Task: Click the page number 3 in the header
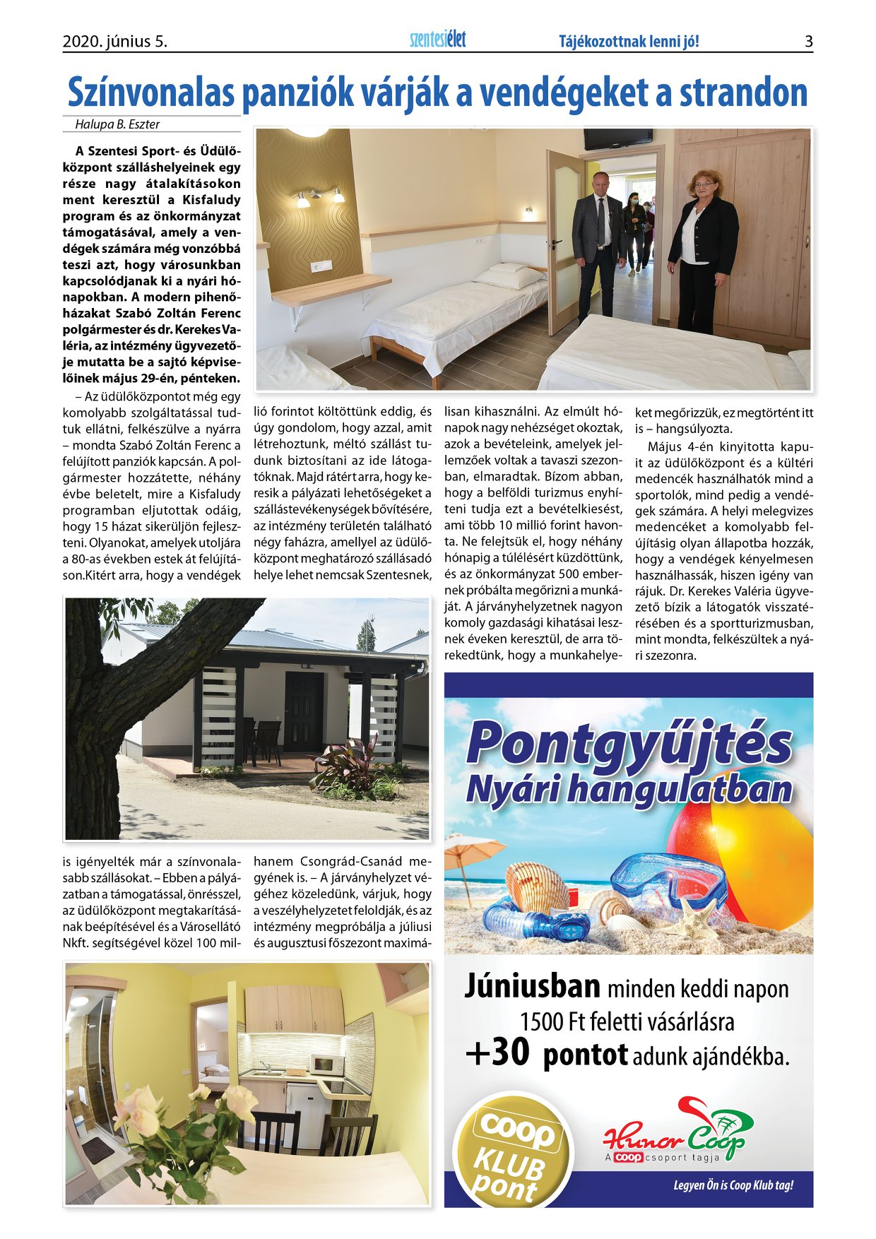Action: (x=808, y=42)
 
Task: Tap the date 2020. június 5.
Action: (x=115, y=42)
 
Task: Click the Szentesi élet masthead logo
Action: (x=438, y=40)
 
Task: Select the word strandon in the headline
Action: (x=743, y=93)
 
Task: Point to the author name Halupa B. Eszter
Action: (x=117, y=124)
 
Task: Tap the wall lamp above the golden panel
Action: (x=319, y=198)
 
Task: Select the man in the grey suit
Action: (x=598, y=244)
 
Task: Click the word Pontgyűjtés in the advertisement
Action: (x=629, y=743)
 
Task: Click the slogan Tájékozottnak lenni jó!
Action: (x=629, y=42)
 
